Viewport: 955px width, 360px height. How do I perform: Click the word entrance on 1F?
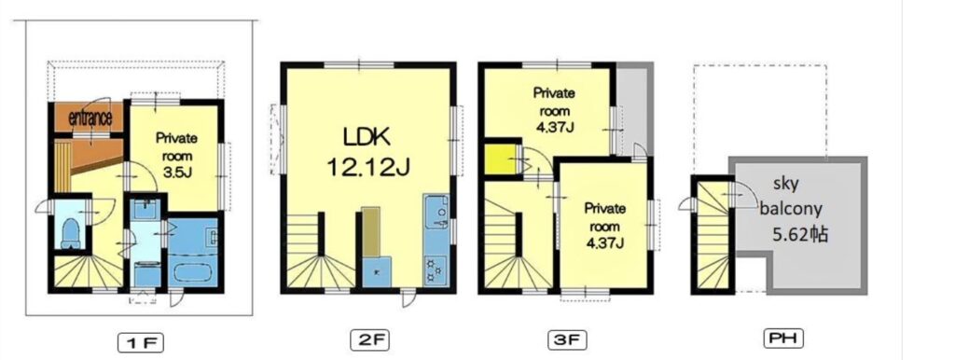tap(90, 118)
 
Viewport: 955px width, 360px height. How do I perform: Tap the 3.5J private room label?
tap(176, 156)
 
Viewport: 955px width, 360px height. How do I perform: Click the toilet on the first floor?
tap(71, 233)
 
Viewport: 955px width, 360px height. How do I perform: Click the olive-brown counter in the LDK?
tap(370, 232)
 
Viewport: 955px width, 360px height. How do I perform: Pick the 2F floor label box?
tap(369, 339)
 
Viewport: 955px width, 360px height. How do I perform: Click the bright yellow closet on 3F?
tap(500, 159)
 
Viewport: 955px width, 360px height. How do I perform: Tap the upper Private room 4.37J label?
tap(554, 111)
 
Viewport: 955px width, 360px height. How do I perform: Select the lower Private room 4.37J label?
tap(605, 226)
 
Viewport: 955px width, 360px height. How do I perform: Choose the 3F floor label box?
tap(567, 339)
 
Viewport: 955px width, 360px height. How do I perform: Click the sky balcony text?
tap(791, 196)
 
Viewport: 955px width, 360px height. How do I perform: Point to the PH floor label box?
tap(783, 339)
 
